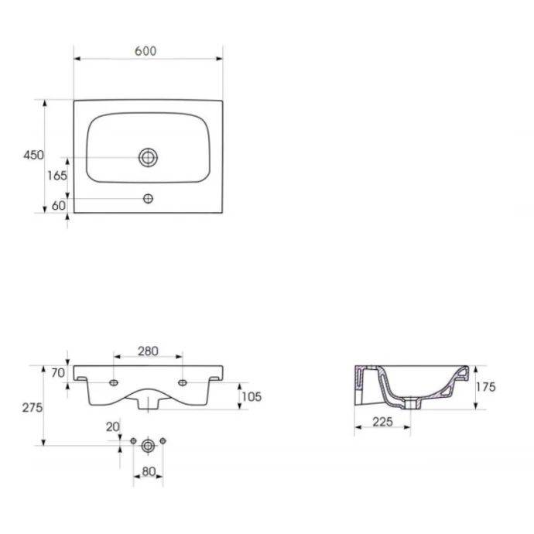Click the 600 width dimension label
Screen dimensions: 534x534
(145, 51)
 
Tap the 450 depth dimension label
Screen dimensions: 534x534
(33, 155)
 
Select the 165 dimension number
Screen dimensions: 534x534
(56, 176)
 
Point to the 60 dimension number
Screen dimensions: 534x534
(58, 206)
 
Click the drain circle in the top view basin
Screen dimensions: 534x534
(148, 157)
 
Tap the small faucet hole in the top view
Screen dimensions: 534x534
(148, 199)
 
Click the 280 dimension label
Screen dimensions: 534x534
(148, 351)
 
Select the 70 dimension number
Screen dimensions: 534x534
(58, 373)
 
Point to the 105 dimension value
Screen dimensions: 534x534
(252, 397)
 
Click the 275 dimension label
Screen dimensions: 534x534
(33, 408)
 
